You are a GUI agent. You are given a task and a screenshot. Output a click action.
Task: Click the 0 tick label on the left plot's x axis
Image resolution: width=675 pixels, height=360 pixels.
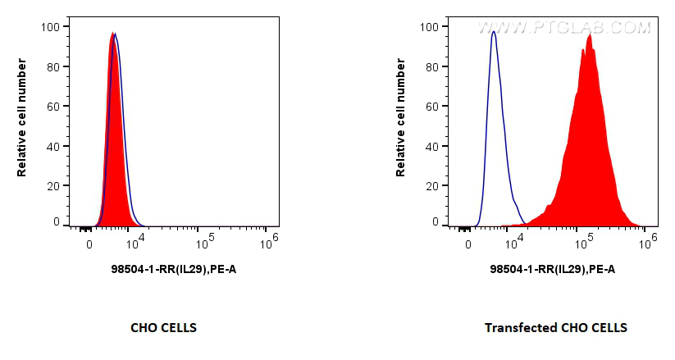click(89, 244)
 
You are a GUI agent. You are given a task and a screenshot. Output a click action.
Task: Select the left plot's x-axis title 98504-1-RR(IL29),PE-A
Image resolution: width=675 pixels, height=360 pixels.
click(174, 269)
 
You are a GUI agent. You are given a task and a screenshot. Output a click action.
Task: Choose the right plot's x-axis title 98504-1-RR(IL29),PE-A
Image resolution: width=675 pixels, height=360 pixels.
click(552, 269)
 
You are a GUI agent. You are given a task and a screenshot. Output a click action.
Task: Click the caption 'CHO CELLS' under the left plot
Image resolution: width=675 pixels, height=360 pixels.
click(164, 328)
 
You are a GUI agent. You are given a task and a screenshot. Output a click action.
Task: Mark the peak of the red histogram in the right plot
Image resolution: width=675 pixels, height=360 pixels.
click(590, 35)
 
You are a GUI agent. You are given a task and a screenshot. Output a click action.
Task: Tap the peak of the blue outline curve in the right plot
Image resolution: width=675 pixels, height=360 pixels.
click(493, 32)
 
